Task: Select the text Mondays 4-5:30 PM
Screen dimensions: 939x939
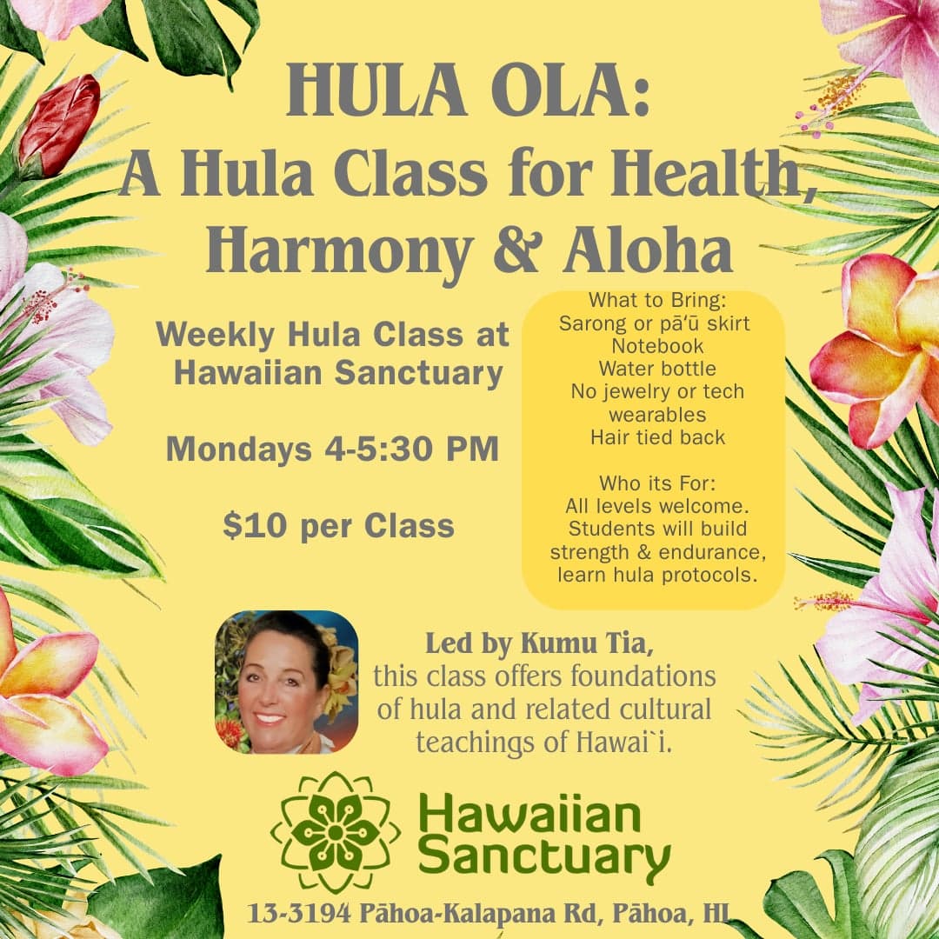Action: (332, 450)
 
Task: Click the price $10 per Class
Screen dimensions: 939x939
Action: (338, 526)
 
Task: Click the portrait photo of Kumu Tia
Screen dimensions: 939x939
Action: (286, 682)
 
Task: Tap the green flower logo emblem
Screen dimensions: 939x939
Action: (335, 832)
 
